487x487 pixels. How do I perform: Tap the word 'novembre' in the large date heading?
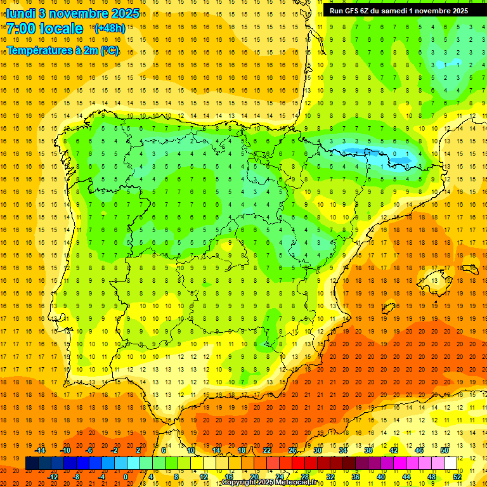pos(75,13)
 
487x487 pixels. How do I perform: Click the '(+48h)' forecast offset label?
pos(109,29)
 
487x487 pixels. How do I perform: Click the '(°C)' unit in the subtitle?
pos(108,50)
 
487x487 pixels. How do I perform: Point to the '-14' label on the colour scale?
pos(40,450)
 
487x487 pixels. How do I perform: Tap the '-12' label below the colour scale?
pos(53,477)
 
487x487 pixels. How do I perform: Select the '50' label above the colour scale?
pos(445,450)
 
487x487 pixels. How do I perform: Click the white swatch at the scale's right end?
pos(451,464)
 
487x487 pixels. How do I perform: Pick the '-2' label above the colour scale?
pos(115,450)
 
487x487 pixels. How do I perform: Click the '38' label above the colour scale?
pos(368,450)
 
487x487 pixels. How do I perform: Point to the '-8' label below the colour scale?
pos(77,477)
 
